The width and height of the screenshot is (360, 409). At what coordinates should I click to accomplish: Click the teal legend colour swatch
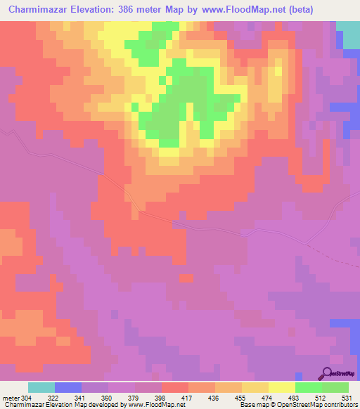[41, 387]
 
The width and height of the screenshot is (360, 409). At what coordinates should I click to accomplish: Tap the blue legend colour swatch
[68, 387]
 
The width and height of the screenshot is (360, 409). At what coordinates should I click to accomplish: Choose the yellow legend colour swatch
[282, 387]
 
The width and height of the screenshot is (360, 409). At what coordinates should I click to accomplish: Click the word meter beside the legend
[10, 398]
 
